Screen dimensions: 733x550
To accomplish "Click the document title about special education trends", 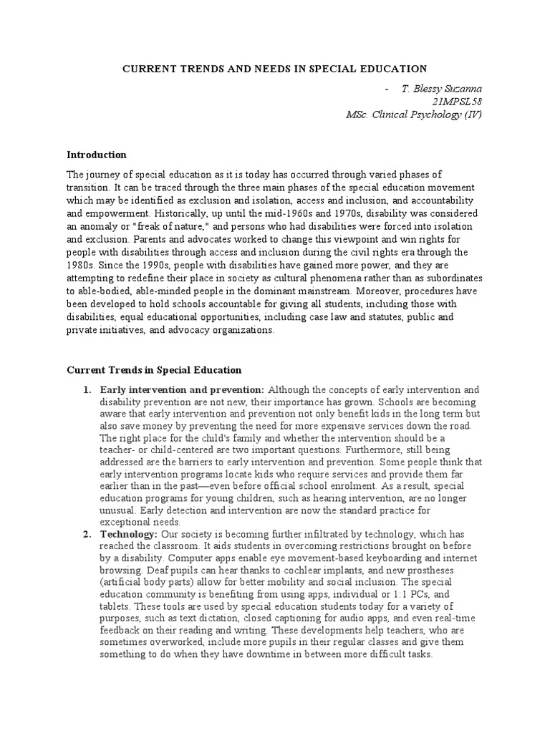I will tap(274, 69).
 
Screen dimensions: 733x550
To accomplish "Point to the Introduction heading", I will tap(97, 155).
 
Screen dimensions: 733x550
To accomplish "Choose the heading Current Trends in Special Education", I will tap(154, 370).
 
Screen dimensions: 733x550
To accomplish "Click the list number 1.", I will tap(86, 390).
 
